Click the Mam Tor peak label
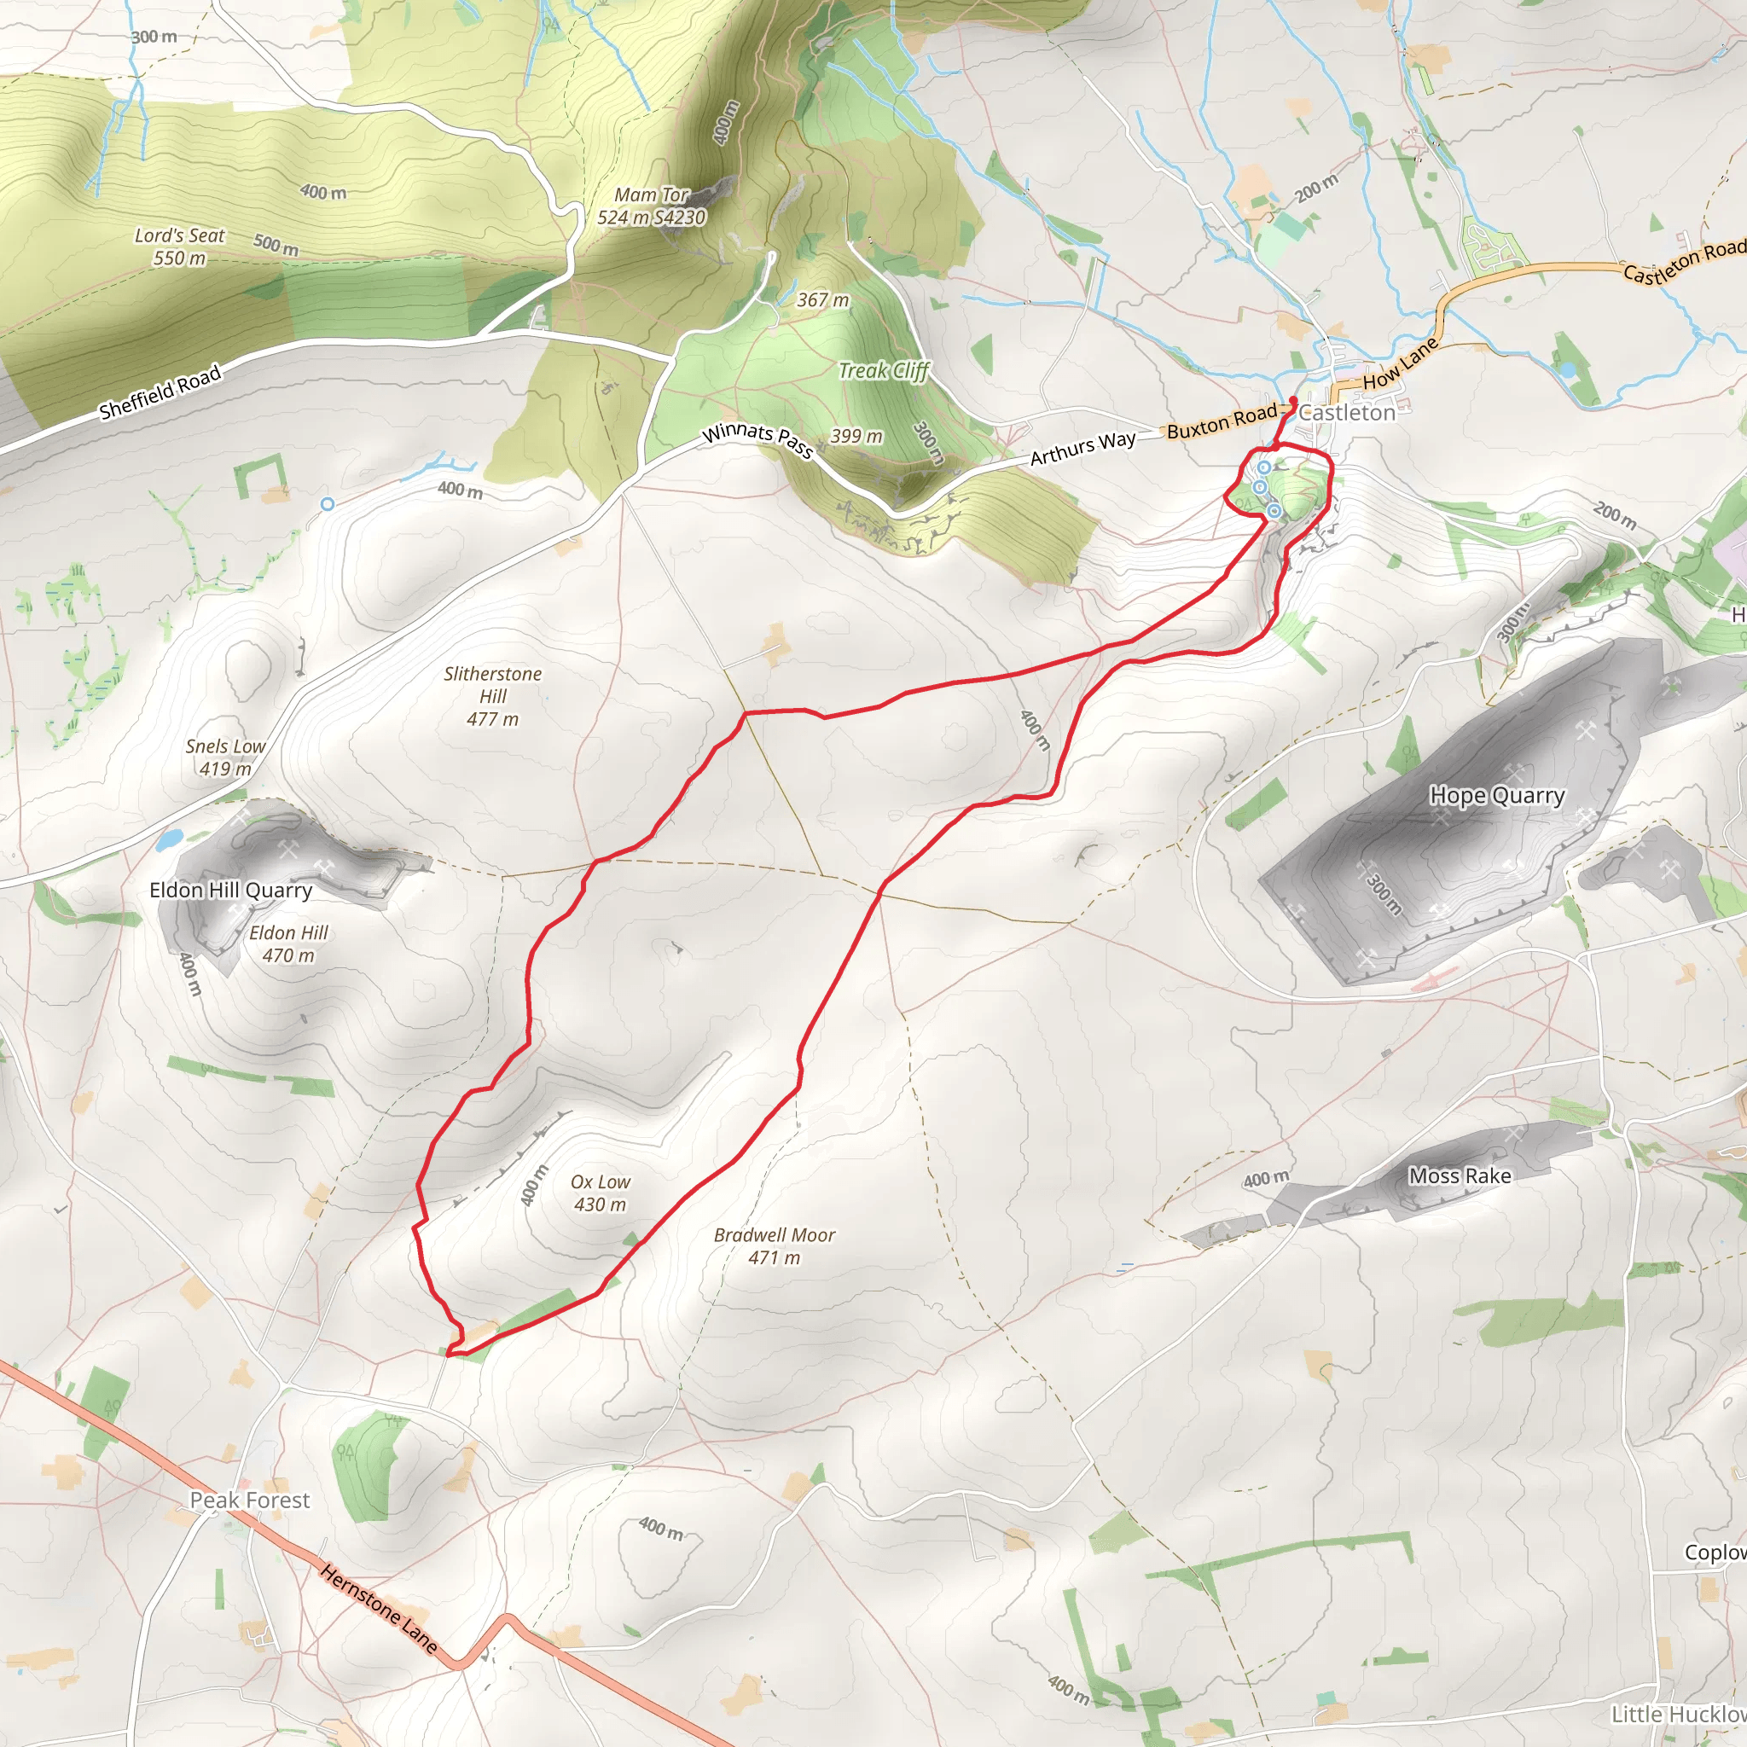(651, 206)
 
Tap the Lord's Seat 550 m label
(179, 246)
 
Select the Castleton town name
(1346, 413)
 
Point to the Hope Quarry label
(1496, 796)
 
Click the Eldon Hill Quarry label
(230, 890)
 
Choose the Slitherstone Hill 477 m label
(493, 696)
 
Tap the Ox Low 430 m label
(601, 1193)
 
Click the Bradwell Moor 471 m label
(774, 1246)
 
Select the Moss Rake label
(1460, 1175)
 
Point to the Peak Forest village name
(250, 1500)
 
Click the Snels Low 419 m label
(225, 757)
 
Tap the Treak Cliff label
(884, 371)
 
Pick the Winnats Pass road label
(757, 439)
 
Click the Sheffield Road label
(160, 393)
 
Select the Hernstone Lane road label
(379, 1611)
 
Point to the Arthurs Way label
(1082, 448)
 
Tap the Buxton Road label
(1222, 421)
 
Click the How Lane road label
(1400, 364)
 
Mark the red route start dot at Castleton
(1293, 400)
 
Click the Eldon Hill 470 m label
(288, 943)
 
